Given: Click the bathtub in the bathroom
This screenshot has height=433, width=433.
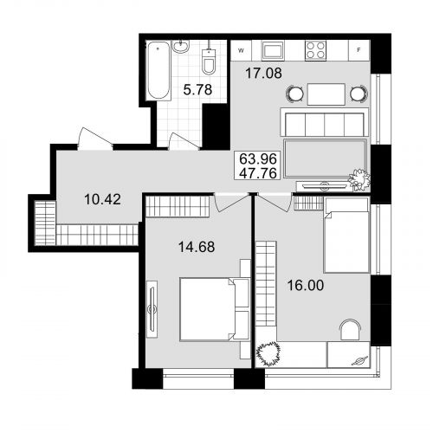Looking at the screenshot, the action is click(158, 71).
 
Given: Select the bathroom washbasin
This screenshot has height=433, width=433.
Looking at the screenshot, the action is click(181, 47).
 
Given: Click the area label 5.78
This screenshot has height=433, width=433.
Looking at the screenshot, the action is click(197, 90).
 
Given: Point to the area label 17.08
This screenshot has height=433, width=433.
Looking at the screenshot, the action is click(263, 73).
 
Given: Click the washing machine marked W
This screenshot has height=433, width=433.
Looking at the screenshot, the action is click(241, 50).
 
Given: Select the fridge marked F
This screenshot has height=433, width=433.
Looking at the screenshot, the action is click(359, 50).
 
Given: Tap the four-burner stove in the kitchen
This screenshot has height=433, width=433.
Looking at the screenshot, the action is click(316, 50).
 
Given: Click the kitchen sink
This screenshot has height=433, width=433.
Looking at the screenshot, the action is click(273, 50).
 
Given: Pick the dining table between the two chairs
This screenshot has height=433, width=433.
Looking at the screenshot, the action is click(326, 94).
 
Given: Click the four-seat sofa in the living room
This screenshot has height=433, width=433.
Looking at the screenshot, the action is click(325, 122).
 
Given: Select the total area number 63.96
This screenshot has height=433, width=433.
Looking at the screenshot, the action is click(258, 158).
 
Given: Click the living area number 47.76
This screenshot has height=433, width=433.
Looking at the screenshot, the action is click(258, 173).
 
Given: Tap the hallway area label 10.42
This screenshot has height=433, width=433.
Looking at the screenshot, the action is click(102, 199).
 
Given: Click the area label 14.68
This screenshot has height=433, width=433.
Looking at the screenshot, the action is click(197, 247).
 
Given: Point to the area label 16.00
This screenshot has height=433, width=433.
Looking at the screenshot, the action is click(306, 285).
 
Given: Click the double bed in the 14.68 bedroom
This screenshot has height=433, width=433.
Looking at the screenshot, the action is click(215, 309).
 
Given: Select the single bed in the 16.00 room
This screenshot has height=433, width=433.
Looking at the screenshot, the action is click(346, 236).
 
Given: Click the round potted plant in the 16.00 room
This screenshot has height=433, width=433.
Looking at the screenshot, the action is click(268, 353).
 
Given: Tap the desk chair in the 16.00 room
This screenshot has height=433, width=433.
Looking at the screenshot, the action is click(350, 330).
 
